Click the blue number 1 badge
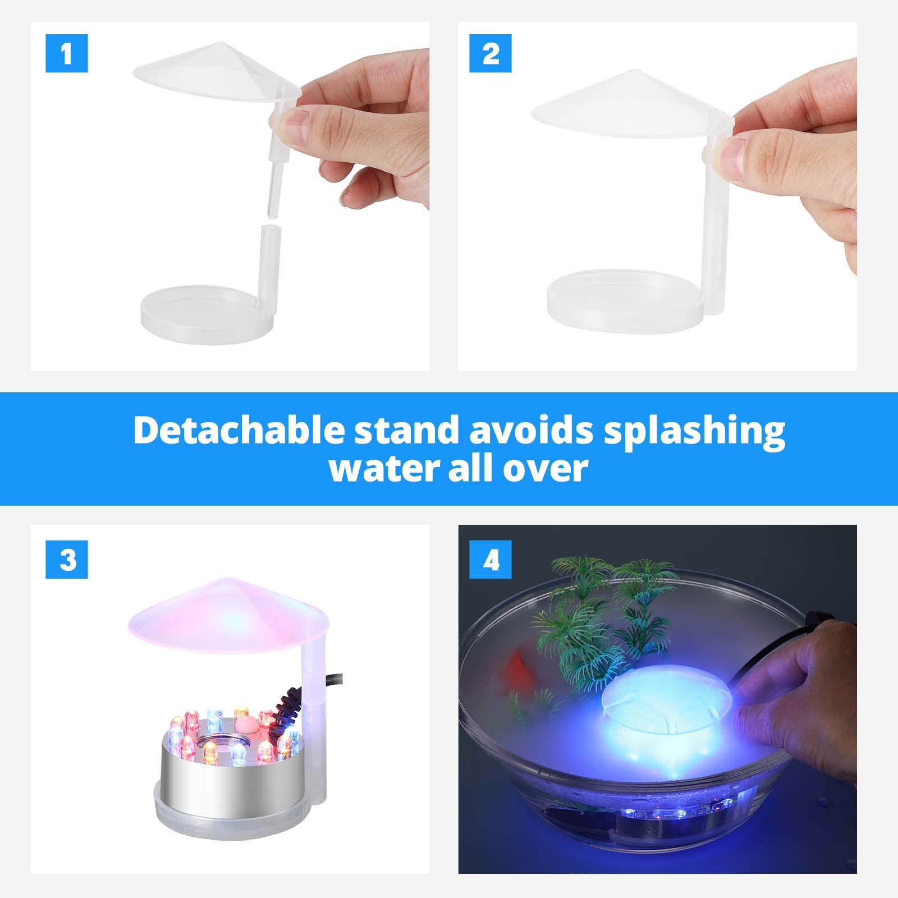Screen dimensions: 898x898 pyautogui.click(x=66, y=53)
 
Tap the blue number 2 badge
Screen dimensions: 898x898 pyautogui.click(x=490, y=53)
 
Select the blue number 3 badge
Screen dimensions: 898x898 pyautogui.click(x=66, y=559)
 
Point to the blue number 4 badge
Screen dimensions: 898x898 pyautogui.click(x=490, y=559)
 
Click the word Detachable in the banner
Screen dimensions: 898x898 pyautogui.click(x=238, y=431)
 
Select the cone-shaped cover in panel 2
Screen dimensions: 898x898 pyautogui.click(x=629, y=104)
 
